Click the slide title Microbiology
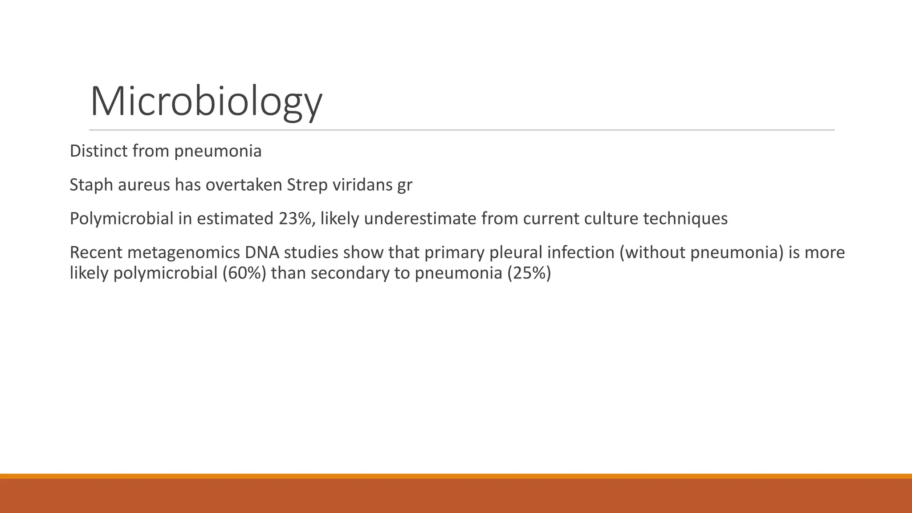[x=206, y=102]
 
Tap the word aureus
[x=144, y=185]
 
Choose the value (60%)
[x=244, y=273]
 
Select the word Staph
[x=91, y=185]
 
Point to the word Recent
[x=96, y=252]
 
